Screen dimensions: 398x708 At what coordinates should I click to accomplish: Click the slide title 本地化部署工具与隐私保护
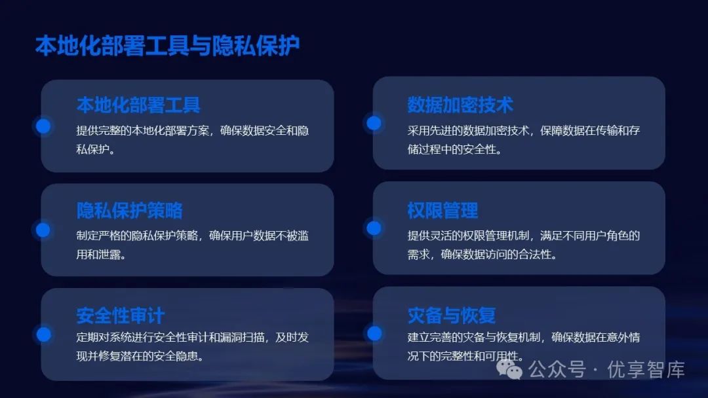tap(167, 46)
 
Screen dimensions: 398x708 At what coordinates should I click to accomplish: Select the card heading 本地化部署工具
tap(138, 105)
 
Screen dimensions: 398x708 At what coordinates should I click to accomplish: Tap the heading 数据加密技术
tap(460, 105)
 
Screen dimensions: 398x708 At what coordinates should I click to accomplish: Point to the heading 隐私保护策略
tap(129, 211)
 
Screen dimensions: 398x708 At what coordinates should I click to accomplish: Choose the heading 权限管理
tap(442, 211)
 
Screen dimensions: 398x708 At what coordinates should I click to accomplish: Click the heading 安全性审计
tap(121, 316)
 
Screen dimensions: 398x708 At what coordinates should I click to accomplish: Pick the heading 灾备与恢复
tap(452, 316)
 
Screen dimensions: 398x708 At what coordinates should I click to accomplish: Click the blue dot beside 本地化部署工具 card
tap(43, 126)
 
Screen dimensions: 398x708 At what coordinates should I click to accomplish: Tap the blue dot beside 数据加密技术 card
tap(374, 123)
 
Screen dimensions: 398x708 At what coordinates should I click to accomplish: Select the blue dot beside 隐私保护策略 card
tap(43, 230)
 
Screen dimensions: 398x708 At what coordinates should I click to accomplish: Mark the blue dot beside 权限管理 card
tap(374, 228)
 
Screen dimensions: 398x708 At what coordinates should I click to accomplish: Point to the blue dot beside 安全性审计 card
tap(43, 334)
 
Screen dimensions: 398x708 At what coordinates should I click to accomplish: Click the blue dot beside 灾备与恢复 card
tap(374, 333)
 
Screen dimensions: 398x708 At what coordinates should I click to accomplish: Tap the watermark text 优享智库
tap(646, 370)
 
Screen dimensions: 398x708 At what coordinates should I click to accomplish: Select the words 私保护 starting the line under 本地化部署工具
tap(96, 149)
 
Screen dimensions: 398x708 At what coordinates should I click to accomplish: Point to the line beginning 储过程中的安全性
tap(454, 149)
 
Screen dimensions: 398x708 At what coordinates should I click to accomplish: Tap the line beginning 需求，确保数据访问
tap(482, 255)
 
